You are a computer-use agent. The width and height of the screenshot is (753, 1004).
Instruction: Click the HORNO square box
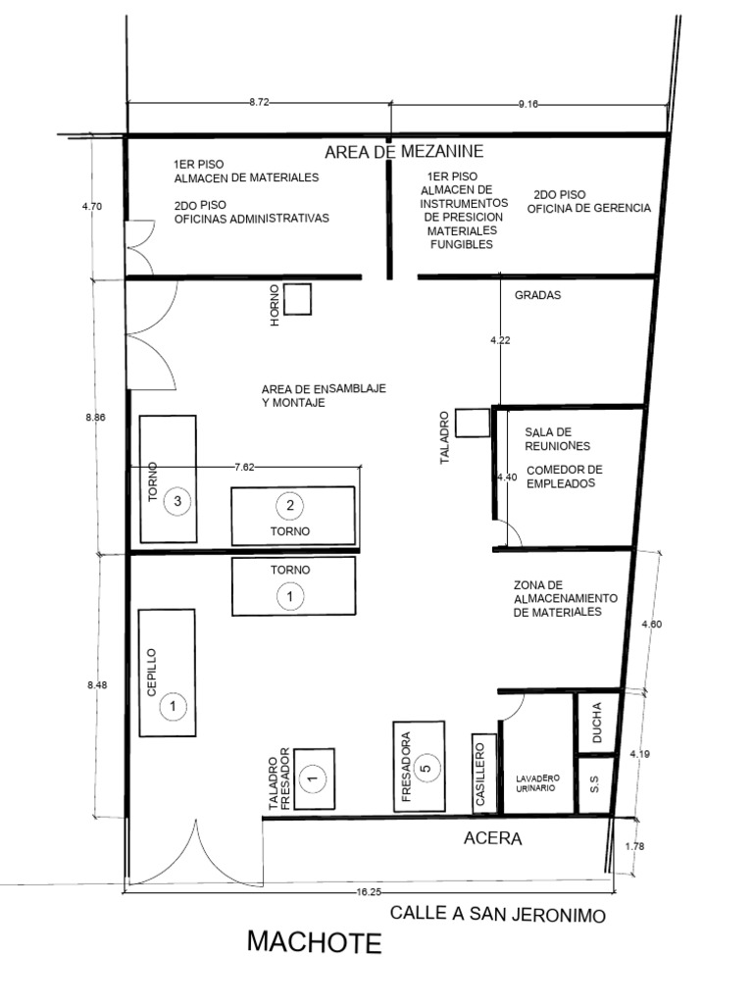tap(298, 299)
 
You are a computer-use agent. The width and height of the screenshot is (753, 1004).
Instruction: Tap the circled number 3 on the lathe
tap(177, 501)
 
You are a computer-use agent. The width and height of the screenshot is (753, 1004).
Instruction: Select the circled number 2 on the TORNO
tap(289, 505)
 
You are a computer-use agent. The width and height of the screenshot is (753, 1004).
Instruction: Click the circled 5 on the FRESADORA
tap(427, 767)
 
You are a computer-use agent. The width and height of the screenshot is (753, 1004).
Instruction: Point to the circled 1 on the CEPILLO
tap(173, 706)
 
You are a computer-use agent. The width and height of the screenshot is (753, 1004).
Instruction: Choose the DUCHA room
tap(597, 723)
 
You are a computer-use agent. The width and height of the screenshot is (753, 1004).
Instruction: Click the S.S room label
tap(594, 784)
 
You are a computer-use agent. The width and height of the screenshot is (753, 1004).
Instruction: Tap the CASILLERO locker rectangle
tap(484, 774)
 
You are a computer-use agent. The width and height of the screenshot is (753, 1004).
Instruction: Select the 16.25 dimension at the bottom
tap(369, 891)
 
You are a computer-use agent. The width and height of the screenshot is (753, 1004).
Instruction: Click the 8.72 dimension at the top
tap(259, 102)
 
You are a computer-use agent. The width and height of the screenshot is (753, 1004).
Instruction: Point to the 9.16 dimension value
tap(528, 104)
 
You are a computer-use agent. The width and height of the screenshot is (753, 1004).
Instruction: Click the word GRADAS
tap(538, 295)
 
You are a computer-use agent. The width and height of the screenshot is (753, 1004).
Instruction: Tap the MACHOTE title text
tap(315, 942)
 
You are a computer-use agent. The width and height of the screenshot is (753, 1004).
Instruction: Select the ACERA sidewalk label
tap(492, 837)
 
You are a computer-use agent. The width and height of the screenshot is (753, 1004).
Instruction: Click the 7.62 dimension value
tap(244, 468)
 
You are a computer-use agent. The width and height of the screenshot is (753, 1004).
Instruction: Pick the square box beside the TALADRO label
tap(473, 424)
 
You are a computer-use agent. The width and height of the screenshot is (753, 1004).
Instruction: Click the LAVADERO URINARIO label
tap(538, 783)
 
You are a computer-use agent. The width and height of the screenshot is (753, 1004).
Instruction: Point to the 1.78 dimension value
tap(634, 846)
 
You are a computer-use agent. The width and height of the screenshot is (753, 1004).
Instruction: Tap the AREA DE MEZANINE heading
tap(404, 152)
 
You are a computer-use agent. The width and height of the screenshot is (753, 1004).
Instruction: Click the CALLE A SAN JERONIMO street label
tap(497, 914)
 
